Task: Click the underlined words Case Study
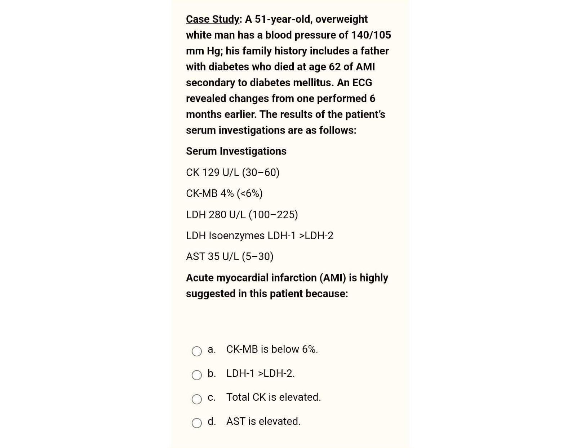point(212,19)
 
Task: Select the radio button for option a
point(197,351)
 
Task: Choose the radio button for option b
point(197,375)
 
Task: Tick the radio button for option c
point(197,399)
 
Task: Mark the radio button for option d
point(197,423)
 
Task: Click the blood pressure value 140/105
point(371,35)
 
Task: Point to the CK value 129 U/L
point(220,173)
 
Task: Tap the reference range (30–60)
point(261,173)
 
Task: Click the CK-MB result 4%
point(227,194)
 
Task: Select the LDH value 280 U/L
point(227,215)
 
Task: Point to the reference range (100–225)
point(273,215)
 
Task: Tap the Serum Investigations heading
point(236,151)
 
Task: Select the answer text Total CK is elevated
point(273,397)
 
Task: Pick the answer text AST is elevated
point(263,421)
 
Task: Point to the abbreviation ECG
point(362,83)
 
